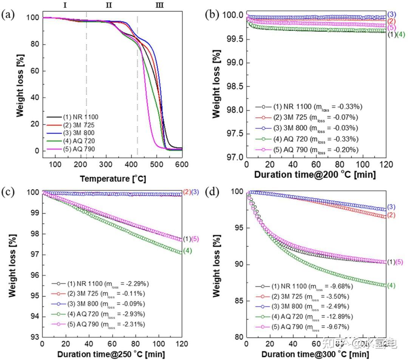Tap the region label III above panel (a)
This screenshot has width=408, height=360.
[x=159, y=5]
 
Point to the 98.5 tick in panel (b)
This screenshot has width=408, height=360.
[x=233, y=86]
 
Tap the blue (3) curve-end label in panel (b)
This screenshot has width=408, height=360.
[x=392, y=15]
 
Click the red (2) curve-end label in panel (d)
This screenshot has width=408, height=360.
[x=391, y=215]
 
